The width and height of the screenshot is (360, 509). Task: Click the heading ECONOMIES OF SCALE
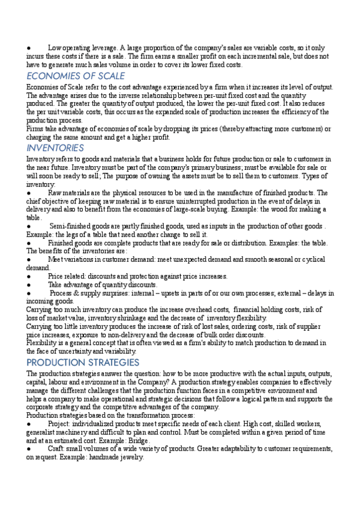pyautogui.click(x=76, y=76)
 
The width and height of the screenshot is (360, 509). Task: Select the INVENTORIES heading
pyautogui.click(x=55, y=148)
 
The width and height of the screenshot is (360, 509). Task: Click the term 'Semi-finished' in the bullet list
pyautogui.click(x=70, y=226)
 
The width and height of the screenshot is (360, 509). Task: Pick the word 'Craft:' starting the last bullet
pyautogui.click(x=58, y=449)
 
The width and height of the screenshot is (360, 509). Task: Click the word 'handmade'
pyautogui.click(x=103, y=457)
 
